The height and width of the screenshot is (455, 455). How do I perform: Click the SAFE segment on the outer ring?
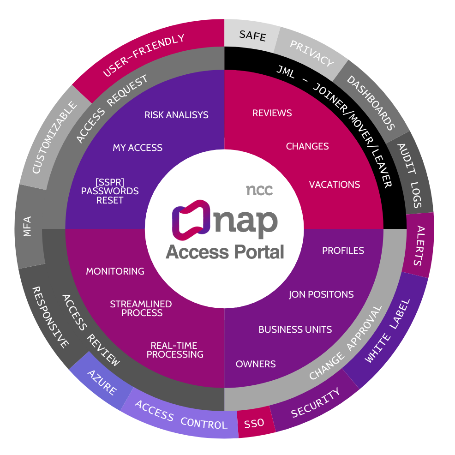pos(252,36)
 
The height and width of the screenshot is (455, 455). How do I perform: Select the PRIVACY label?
pos(311,53)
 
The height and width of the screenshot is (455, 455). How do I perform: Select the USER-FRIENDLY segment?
pos(144,55)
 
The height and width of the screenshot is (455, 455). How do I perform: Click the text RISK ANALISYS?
pos(176,115)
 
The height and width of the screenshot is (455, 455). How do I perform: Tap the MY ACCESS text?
pos(138,148)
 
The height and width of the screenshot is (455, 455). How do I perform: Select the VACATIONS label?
pos(334,185)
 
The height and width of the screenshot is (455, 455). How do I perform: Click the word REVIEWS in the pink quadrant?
pos(272,113)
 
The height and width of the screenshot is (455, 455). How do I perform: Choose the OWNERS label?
pos(256,364)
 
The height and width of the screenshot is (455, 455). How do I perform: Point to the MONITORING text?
pos(115,271)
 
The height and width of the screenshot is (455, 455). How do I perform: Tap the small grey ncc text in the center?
pos(259,190)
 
